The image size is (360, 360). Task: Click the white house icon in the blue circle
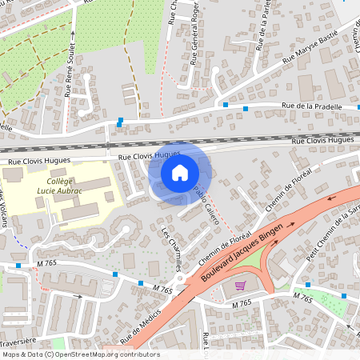tap(180, 172)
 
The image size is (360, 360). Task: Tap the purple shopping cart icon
tap(239, 285)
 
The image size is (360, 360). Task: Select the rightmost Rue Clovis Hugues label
tap(322, 140)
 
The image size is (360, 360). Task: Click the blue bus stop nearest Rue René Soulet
tap(120, 121)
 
